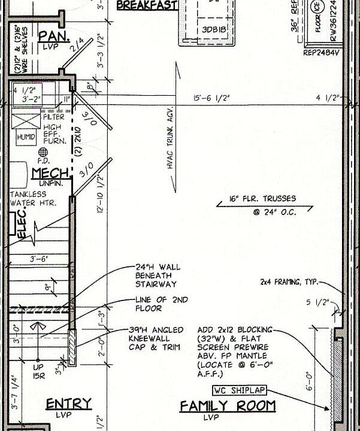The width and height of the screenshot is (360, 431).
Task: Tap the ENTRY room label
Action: tap(69, 404)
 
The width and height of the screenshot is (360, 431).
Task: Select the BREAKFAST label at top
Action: tap(147, 5)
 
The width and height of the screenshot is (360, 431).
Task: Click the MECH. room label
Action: tap(50, 174)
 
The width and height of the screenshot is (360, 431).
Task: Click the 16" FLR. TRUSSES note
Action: tap(262, 199)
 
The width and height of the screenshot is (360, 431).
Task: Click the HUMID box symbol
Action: tap(26, 137)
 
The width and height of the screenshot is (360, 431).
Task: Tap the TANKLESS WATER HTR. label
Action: tap(33, 199)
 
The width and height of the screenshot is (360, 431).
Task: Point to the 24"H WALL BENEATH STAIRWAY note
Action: tap(158, 275)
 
